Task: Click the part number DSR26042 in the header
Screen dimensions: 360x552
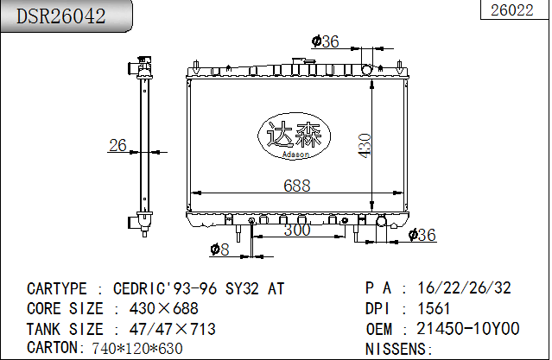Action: coord(56,16)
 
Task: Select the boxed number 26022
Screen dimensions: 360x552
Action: coord(511,10)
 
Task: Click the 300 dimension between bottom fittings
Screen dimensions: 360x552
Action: coord(296,230)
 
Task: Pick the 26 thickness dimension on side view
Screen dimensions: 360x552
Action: coord(118,145)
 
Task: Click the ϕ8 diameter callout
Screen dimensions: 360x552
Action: coord(220,250)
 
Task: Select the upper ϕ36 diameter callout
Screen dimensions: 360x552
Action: coord(325,41)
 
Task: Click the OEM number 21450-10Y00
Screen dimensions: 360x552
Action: coord(468,329)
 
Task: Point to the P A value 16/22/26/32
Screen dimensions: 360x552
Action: coord(464,287)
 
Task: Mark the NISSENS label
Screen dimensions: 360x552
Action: coord(397,349)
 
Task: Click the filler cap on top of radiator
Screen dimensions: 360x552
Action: coord(301,64)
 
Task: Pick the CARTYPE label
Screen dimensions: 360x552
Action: coord(57,287)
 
